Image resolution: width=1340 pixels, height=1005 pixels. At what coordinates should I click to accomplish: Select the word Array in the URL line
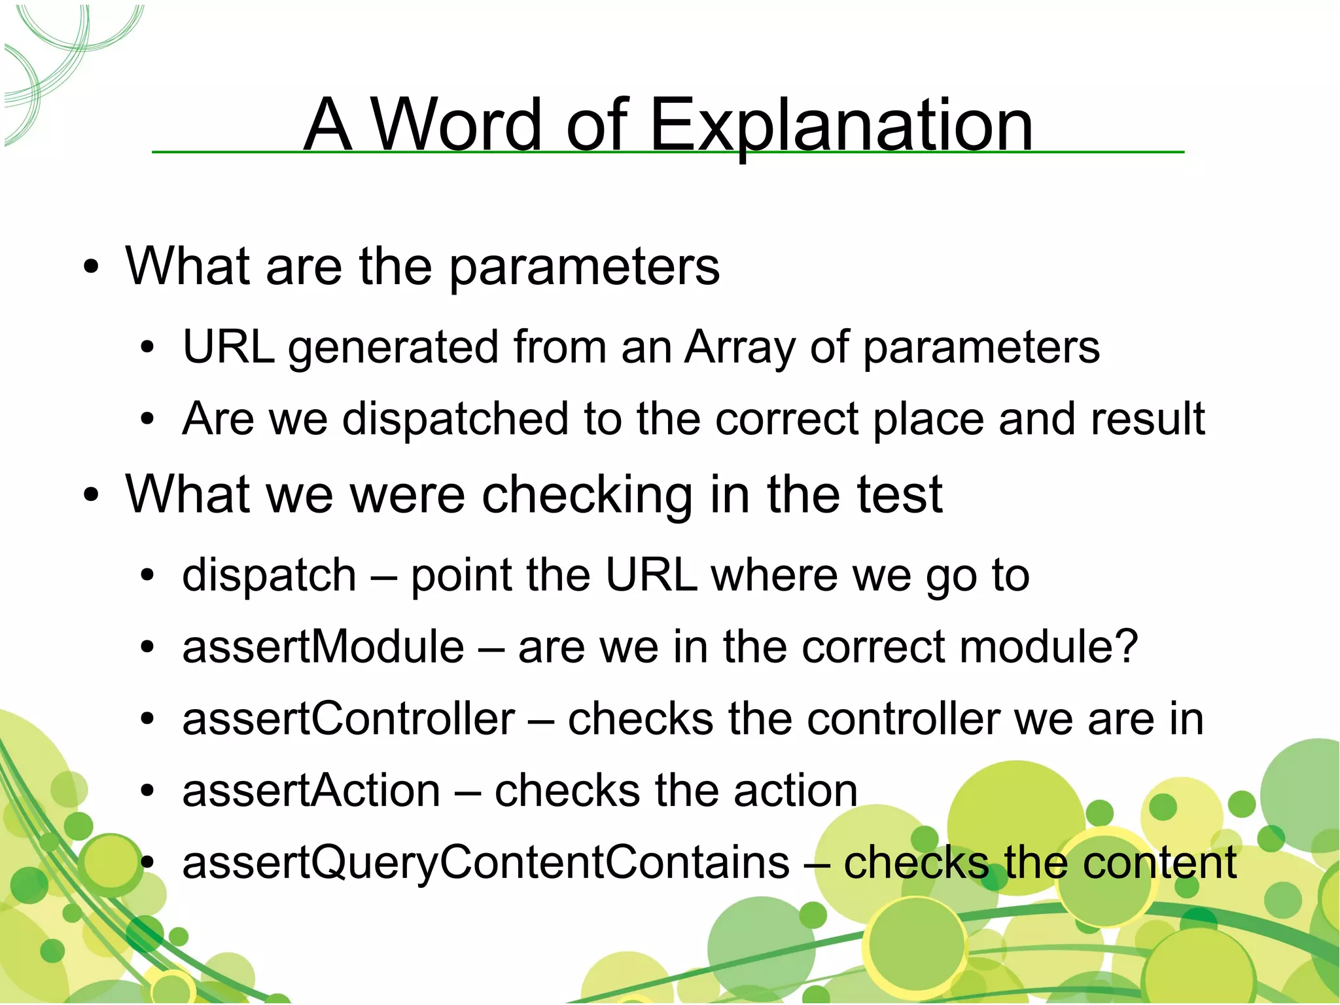click(x=739, y=347)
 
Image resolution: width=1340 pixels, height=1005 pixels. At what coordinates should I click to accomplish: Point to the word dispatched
click(x=455, y=419)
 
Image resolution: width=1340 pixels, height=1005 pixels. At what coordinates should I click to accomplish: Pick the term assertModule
click(x=323, y=647)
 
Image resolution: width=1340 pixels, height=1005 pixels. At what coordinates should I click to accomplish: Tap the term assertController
click(x=348, y=719)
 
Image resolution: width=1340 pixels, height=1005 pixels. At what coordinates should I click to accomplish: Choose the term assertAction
click(x=311, y=791)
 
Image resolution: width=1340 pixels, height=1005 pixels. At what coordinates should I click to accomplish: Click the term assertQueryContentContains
click(x=485, y=863)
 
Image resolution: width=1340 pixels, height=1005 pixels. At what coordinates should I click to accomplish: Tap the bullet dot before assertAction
click(x=148, y=792)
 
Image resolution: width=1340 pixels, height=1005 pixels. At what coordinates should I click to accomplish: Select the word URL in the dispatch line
click(x=650, y=576)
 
